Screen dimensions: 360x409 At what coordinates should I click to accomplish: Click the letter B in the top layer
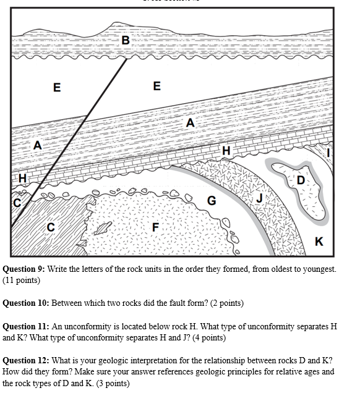point(126,40)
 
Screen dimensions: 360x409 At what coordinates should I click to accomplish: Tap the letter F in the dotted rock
point(156,227)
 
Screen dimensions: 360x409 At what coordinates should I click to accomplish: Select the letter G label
point(211,200)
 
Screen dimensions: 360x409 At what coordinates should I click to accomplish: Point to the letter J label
point(260,197)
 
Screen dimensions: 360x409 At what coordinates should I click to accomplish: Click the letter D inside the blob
point(301,180)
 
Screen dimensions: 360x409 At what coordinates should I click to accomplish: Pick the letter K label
point(319,241)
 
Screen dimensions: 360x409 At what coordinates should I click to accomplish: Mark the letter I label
point(328,151)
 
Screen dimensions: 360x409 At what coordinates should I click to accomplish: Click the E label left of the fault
point(57,87)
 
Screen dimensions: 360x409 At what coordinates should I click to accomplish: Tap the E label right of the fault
point(156,86)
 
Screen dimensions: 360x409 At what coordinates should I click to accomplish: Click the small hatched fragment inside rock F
point(103,228)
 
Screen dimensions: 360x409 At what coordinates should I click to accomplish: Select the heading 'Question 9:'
point(25,269)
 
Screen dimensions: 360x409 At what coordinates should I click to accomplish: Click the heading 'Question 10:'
point(27,303)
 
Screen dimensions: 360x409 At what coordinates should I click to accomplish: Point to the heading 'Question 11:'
point(27,326)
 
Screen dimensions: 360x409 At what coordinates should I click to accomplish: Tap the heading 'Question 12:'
point(27,360)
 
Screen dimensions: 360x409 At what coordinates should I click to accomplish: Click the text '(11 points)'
point(22,280)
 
